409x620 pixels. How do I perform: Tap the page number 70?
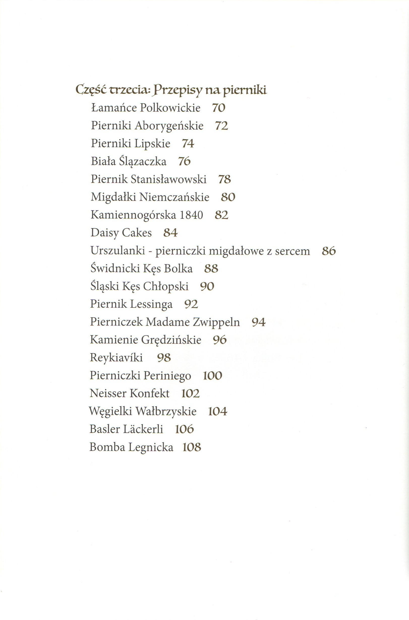(x=218, y=108)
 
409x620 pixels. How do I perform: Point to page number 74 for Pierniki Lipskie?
(x=188, y=144)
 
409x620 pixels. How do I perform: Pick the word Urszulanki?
(x=118, y=251)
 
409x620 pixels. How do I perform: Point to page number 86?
(x=329, y=251)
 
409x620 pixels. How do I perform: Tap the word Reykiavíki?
(x=116, y=358)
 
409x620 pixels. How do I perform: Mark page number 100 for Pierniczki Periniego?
(x=212, y=376)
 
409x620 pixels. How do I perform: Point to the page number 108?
(x=192, y=447)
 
